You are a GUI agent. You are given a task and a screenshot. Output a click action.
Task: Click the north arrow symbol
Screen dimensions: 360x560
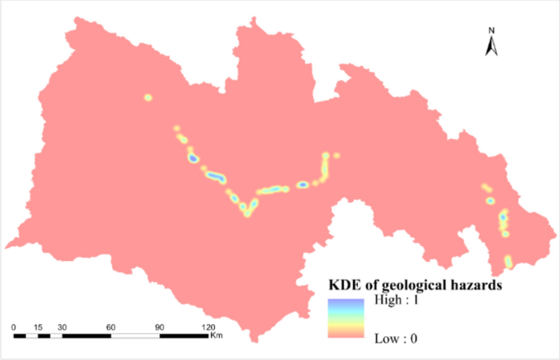point(492,47)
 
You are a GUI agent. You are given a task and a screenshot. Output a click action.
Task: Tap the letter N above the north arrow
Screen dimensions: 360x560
point(492,31)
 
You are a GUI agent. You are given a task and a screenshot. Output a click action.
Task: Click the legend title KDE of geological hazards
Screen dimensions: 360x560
point(414,286)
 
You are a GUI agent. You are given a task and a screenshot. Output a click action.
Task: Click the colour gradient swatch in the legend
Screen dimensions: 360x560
point(346,318)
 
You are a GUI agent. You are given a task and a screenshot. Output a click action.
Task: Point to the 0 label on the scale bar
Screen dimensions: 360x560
point(14,326)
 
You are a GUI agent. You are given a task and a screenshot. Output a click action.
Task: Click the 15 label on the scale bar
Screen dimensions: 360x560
point(38,326)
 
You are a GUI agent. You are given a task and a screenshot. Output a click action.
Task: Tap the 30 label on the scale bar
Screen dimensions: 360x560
point(61,326)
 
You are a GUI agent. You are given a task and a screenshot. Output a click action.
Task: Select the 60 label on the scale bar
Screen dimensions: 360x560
point(110,326)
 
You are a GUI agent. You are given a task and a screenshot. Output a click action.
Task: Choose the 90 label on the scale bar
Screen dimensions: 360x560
point(159,326)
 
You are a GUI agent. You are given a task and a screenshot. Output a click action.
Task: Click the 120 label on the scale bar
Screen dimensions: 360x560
point(208,326)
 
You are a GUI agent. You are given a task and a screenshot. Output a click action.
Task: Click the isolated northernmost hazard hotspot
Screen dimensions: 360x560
point(148,98)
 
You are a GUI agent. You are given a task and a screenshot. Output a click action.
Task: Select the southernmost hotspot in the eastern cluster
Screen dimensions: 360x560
point(508,262)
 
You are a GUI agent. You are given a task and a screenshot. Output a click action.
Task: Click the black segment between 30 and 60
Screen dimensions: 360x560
point(86,335)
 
